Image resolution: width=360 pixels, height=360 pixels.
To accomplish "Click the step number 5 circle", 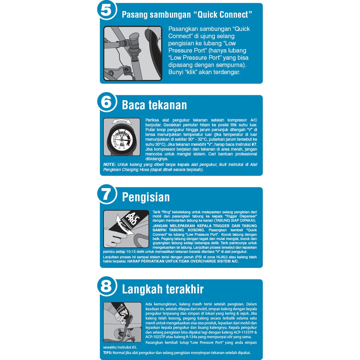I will point(106,10).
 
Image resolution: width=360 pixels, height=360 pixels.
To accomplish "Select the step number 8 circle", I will point(106,287).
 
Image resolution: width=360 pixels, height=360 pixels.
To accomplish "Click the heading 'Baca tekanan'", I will point(154,105).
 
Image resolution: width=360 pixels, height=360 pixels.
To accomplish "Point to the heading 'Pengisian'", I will point(146,197).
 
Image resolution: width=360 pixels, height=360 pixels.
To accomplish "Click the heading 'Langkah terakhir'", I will point(163,289).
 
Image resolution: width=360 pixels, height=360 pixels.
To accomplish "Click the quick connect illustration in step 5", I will point(133,53).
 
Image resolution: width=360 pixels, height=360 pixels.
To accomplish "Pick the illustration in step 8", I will point(122,322).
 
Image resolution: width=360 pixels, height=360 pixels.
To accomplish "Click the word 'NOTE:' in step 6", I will point(110,165).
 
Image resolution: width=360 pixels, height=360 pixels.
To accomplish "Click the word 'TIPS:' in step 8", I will point(107,353).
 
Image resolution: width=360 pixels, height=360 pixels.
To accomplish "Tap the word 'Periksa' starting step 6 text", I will point(152,120).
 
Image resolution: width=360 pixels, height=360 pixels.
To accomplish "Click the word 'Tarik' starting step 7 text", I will point(156,212).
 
